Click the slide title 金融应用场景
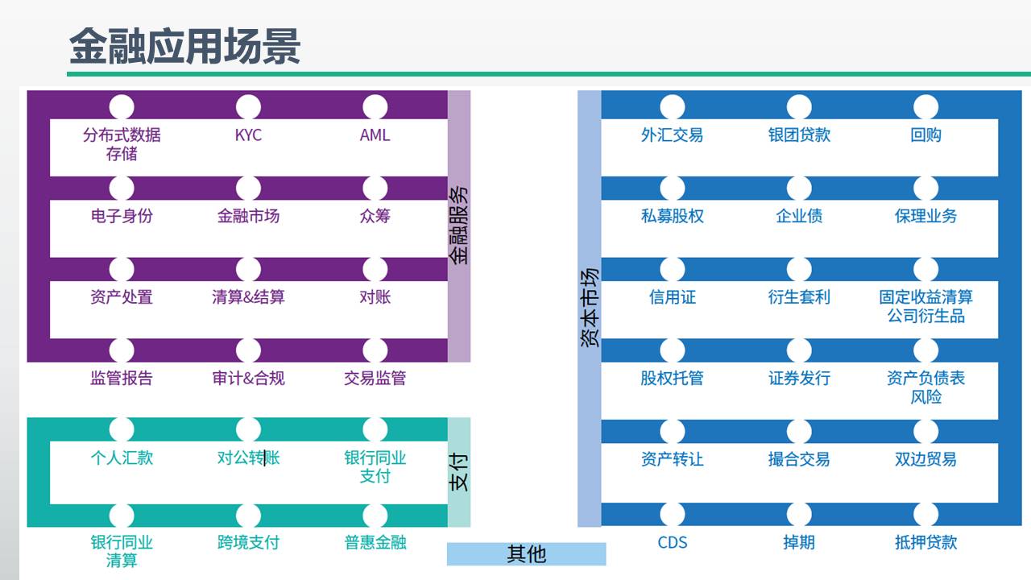[x=184, y=46]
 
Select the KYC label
[x=248, y=135]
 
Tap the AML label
[x=375, y=135]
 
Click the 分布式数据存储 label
[x=122, y=144]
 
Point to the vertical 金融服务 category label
[x=458, y=226]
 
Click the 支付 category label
[x=458, y=472]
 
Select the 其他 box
[x=526, y=553]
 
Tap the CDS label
[x=672, y=542]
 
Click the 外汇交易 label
[x=672, y=135]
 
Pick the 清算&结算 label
[x=248, y=297]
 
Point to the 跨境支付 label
[x=248, y=542]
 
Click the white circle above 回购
[x=925, y=107]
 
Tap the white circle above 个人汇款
[x=122, y=429]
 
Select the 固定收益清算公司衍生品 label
[x=925, y=307]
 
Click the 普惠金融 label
[x=375, y=542]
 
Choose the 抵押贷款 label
[x=925, y=542]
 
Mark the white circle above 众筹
[x=375, y=188]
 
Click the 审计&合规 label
[x=248, y=378]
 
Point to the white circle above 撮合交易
[x=798, y=432]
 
